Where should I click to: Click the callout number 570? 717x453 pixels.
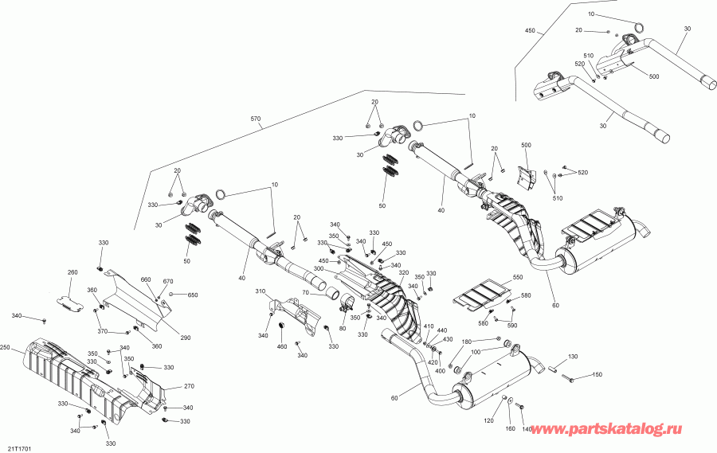pos(256,119)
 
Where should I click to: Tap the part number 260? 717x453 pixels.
pos(72,273)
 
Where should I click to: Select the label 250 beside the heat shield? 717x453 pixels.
pos(6,348)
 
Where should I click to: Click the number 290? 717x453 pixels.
pos(185,338)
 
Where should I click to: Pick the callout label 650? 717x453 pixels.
pos(191,295)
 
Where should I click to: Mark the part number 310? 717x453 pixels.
pos(260,292)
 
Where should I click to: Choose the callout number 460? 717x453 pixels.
pos(281,346)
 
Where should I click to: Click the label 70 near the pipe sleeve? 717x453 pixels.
pos(304,294)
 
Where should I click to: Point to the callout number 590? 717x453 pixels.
pos(511,325)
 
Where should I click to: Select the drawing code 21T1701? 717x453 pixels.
pos(21,447)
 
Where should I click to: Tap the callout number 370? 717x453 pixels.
pos(102,331)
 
